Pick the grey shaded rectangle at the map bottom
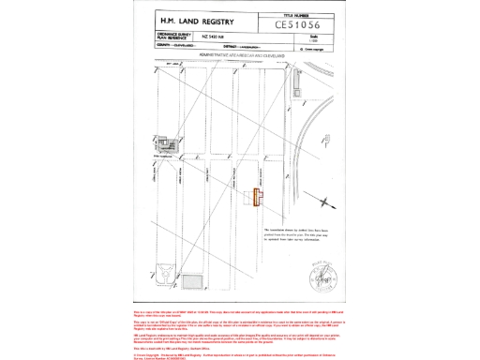tap(191, 282)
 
